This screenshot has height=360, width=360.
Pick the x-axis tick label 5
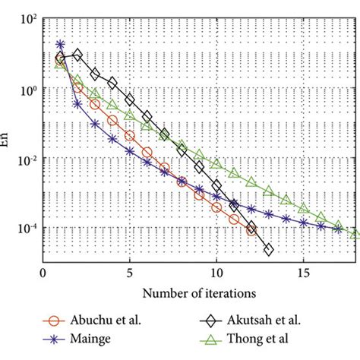pyautogui.click(x=130, y=271)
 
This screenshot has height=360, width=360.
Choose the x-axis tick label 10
pyautogui.click(x=216, y=271)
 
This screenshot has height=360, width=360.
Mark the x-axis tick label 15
pyautogui.click(x=304, y=271)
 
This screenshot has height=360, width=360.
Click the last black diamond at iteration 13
pyautogui.click(x=268, y=249)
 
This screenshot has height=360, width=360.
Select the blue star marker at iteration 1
pyautogui.click(x=60, y=46)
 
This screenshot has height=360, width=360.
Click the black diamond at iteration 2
pyautogui.click(x=77, y=55)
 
